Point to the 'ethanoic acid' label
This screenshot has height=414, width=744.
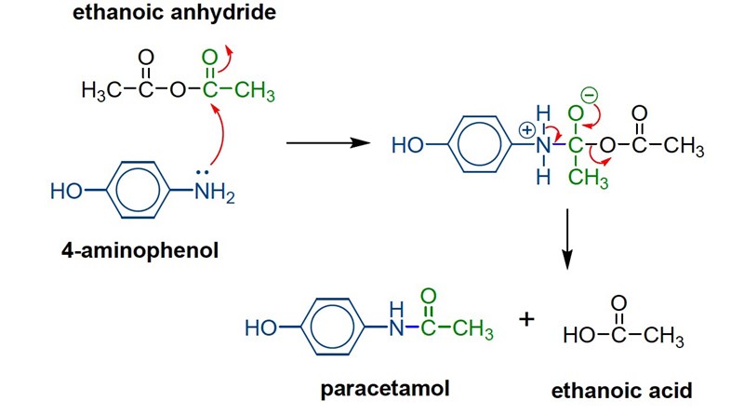pyautogui.click(x=619, y=392)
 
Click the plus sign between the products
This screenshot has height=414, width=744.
pyautogui.click(x=528, y=319)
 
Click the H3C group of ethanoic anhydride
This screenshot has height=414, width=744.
pyautogui.click(x=105, y=93)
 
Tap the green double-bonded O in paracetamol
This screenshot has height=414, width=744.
pyautogui.click(x=428, y=295)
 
